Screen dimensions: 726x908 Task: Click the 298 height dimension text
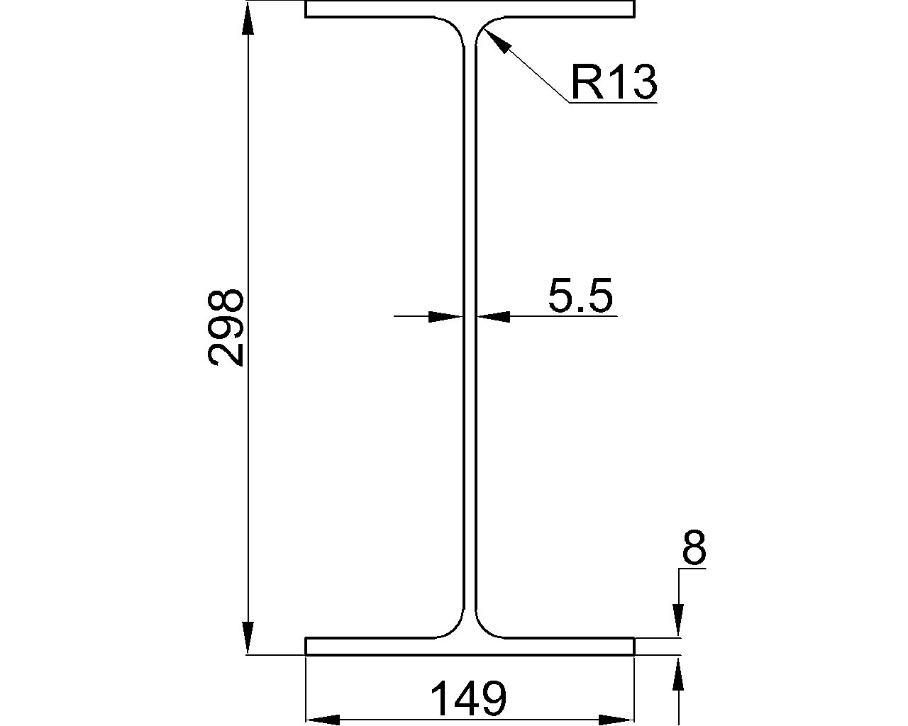227,327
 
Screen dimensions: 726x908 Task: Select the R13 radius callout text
614,83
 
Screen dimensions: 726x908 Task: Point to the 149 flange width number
469,698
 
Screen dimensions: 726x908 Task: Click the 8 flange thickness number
693,547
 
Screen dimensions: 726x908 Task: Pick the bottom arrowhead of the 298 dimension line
248,637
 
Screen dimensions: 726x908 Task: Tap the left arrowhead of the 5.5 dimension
445,316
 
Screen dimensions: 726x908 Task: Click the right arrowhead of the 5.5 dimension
493,316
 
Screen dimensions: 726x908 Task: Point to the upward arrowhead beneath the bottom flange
679,674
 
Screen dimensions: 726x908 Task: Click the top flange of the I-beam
470,9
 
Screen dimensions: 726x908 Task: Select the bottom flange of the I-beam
470,646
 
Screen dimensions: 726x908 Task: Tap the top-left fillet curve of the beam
456,26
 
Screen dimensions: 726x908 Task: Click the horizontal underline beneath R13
613,104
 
